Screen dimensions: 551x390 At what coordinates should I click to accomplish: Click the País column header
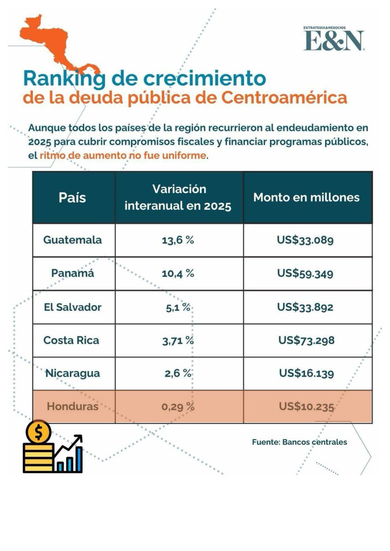(72, 197)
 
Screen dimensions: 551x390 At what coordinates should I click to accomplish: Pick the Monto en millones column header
(306, 197)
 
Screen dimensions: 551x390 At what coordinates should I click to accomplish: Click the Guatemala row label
(72, 240)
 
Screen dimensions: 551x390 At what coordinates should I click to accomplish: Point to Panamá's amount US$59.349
(305, 273)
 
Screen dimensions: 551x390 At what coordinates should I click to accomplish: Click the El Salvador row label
(72, 307)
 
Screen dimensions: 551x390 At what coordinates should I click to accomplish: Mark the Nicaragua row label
(72, 373)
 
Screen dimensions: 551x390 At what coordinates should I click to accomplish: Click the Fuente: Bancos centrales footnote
(299, 442)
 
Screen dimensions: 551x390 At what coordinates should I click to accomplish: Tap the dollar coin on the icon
(35, 432)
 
